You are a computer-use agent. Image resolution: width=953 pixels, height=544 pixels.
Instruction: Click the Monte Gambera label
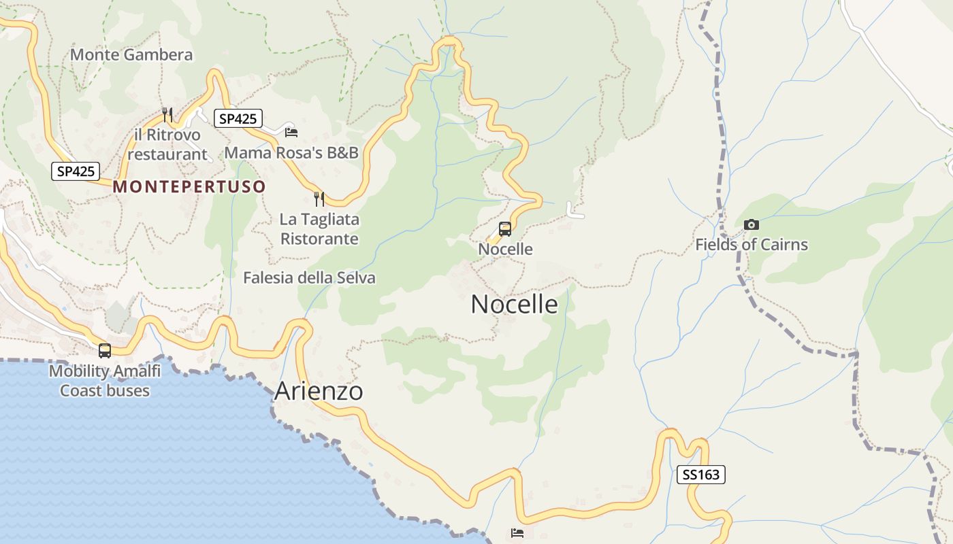(x=131, y=54)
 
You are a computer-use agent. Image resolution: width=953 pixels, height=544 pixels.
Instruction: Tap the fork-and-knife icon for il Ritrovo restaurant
(x=167, y=114)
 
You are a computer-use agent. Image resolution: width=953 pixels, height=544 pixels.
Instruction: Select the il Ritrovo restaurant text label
(x=167, y=145)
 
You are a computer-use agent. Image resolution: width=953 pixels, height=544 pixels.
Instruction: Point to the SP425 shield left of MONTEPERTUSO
(x=76, y=171)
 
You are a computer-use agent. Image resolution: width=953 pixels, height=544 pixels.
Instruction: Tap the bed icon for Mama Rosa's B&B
(x=291, y=132)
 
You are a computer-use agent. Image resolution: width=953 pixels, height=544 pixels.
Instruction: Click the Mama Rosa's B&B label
(x=291, y=152)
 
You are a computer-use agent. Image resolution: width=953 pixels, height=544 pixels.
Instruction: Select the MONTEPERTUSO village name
(x=189, y=186)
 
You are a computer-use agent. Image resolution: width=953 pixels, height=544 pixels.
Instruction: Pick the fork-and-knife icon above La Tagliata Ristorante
(x=319, y=199)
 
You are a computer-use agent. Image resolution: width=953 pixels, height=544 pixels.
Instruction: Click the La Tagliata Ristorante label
(x=319, y=229)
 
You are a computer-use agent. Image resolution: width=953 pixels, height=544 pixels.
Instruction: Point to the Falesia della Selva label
(x=309, y=277)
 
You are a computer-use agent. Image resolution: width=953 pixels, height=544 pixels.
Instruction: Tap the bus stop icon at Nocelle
(x=505, y=229)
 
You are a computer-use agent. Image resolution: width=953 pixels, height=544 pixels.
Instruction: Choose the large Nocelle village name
(x=514, y=304)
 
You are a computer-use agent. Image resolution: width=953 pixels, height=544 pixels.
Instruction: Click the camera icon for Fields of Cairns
(x=752, y=224)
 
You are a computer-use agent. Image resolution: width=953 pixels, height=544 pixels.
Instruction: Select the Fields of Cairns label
(x=752, y=245)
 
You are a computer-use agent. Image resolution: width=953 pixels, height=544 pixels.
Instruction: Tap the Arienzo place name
(x=319, y=391)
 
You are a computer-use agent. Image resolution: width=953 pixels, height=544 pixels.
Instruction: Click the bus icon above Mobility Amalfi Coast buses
(x=105, y=351)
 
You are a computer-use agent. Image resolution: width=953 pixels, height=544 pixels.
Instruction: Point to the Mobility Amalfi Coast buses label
(x=105, y=381)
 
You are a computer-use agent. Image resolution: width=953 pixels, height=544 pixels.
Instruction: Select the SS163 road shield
(x=700, y=475)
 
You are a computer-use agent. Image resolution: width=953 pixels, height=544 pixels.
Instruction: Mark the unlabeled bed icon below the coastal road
(x=517, y=532)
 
